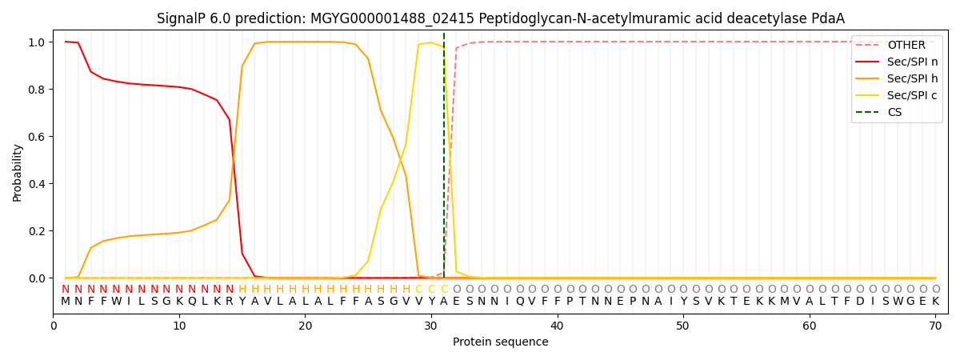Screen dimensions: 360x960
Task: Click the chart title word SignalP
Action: pos(183,18)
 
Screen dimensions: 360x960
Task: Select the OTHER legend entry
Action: pos(906,46)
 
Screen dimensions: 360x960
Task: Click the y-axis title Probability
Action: pos(18,172)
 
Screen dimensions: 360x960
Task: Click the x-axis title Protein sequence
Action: pos(500,342)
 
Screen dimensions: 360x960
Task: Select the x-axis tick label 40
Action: pos(557,326)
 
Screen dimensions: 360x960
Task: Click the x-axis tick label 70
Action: pos(935,326)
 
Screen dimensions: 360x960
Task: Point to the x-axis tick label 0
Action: pos(54,326)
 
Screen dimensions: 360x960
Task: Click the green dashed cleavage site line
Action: pos(444,160)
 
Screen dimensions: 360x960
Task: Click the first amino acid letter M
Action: pos(66,302)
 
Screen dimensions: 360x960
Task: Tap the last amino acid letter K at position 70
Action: pos(935,302)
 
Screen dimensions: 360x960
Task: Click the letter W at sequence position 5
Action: pos(116,302)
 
